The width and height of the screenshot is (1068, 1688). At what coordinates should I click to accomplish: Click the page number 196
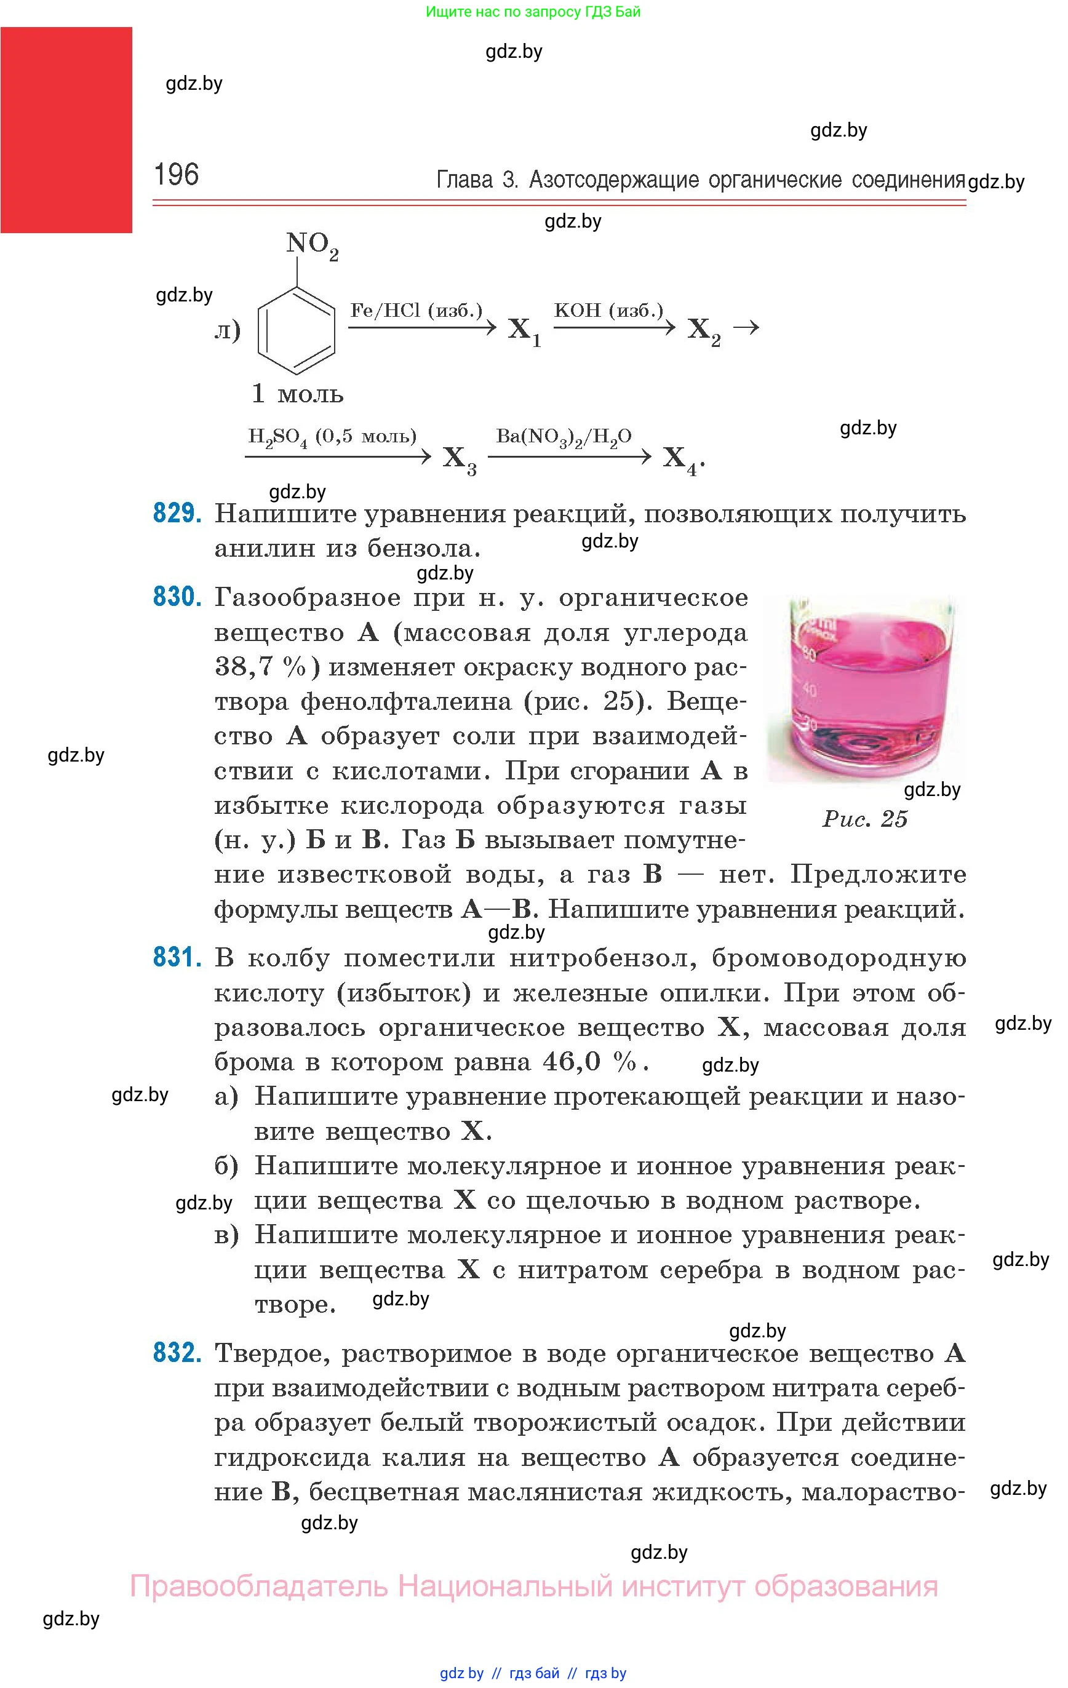(x=176, y=175)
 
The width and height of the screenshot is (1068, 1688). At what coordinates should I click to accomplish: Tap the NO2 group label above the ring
(x=311, y=245)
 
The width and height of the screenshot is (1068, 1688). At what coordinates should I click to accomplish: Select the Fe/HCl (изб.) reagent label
(x=416, y=311)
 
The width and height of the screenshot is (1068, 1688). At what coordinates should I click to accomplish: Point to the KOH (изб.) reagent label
(x=608, y=311)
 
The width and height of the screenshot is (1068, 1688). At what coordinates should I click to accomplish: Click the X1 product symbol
(x=524, y=330)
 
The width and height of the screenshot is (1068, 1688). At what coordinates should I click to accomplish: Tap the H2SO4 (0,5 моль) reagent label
(x=332, y=437)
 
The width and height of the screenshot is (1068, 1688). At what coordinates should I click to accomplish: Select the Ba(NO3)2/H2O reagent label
(x=564, y=437)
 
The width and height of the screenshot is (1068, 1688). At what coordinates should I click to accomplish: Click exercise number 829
(x=177, y=514)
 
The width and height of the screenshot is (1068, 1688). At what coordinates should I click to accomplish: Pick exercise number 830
(x=177, y=597)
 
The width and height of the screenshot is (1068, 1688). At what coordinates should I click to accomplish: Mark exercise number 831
(x=177, y=958)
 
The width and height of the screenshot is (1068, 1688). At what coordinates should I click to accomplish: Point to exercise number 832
(x=177, y=1352)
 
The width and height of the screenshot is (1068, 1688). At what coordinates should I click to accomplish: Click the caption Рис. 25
(x=864, y=819)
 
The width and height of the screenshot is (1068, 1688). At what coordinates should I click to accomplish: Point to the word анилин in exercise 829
(x=263, y=548)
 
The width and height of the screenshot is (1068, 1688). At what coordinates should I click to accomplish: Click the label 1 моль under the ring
(x=297, y=394)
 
